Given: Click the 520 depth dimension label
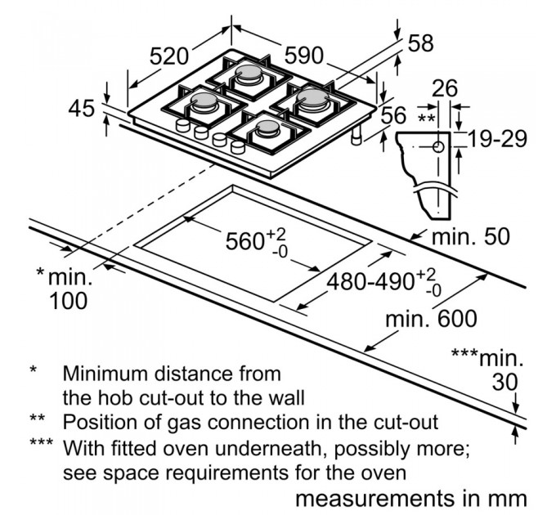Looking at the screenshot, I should click(170, 56).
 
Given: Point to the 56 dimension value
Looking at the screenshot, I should click(394, 114).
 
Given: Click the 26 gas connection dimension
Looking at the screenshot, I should click(445, 88).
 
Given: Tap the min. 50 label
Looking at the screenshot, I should click(470, 236).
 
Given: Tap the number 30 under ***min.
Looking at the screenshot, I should click(506, 381).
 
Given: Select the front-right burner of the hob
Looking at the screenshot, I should click(268, 127).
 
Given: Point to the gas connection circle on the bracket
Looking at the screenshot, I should click(437, 147).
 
